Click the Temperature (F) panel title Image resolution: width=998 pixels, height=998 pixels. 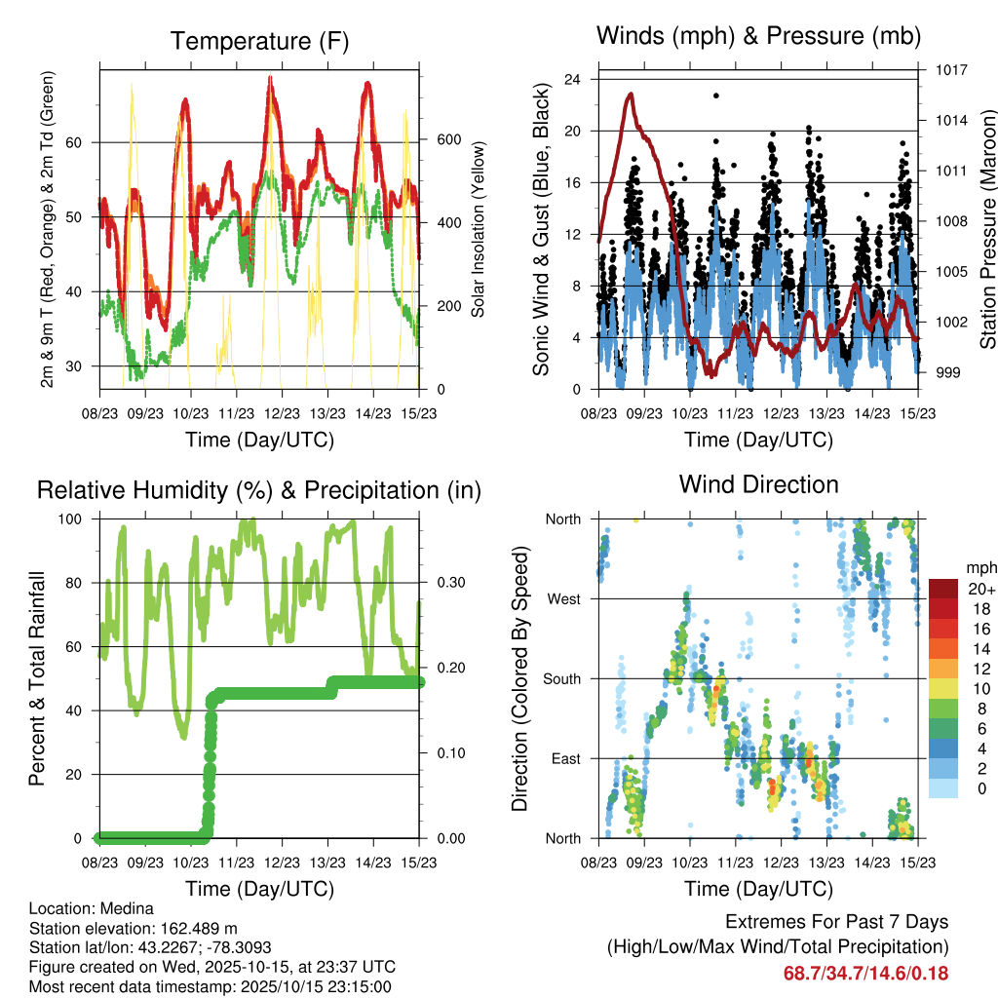(x=259, y=42)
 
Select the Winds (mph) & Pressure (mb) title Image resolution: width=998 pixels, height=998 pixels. (x=758, y=37)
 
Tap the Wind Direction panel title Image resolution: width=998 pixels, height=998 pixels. (x=758, y=484)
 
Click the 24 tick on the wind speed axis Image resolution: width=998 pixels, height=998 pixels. (x=574, y=79)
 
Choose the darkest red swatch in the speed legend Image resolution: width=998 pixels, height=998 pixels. (x=944, y=589)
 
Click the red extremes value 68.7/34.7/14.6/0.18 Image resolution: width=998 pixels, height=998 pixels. (x=865, y=973)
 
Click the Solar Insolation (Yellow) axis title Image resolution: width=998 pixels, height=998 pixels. (x=479, y=229)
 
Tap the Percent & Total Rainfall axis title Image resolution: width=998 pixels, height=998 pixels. (x=38, y=678)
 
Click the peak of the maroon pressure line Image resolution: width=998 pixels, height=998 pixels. (x=632, y=94)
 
